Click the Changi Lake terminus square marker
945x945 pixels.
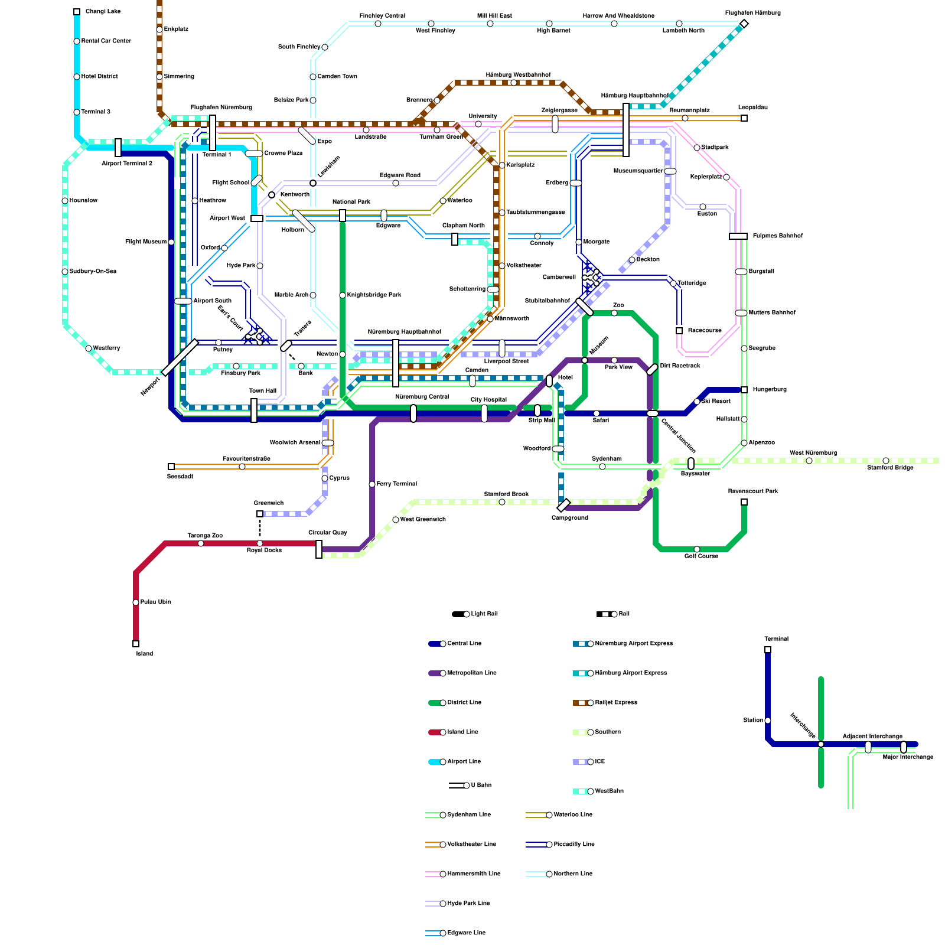77,12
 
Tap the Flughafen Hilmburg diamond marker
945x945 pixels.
744,24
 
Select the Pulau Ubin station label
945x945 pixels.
155,602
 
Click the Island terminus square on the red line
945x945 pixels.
136,644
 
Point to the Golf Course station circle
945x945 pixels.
697,549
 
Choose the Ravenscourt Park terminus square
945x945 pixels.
744,502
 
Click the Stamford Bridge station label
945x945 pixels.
890,468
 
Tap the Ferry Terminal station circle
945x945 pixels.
372,484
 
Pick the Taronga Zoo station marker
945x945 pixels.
201,543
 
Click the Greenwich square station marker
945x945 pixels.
260,514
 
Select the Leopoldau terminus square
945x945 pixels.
744,118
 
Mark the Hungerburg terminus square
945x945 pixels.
744,390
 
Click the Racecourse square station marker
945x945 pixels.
679,331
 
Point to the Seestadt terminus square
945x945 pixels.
171,467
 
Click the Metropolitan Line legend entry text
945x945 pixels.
472,673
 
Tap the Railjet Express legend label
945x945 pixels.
616,703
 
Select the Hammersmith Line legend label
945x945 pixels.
474,874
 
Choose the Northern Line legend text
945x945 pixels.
573,874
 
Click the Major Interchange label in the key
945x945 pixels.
908,757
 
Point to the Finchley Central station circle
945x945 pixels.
378,24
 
